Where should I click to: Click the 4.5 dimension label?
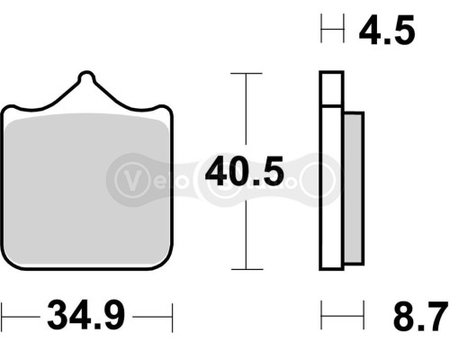386,32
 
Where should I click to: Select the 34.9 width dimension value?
85,317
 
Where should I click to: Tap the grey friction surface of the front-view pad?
86,189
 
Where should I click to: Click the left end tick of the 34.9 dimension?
3,317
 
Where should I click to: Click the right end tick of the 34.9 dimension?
170,317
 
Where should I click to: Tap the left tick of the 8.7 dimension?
322,316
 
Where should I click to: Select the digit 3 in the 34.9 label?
54,317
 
